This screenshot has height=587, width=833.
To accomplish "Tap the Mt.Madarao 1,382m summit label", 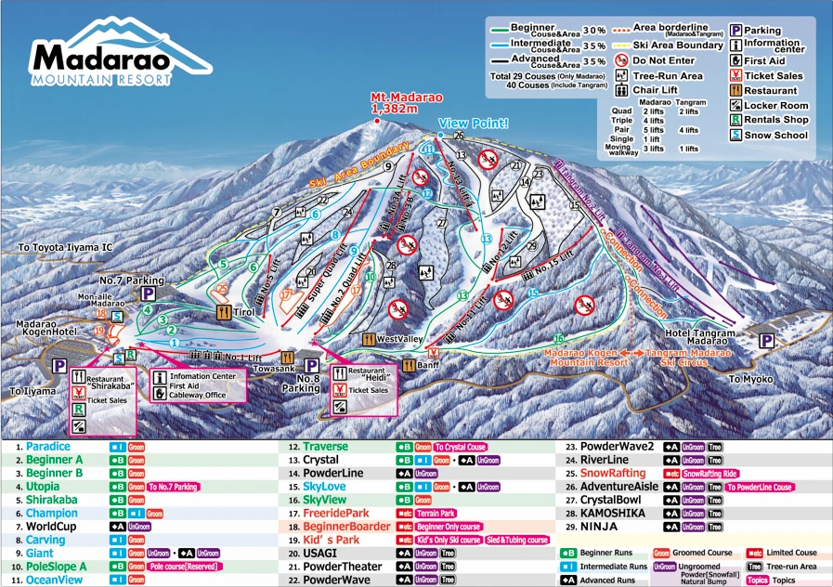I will pos(406,102).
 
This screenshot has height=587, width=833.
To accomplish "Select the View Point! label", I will pos(474,123).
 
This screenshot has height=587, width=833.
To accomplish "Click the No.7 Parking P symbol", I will pos(147,294).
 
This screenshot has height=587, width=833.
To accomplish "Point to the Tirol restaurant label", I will pos(243,314).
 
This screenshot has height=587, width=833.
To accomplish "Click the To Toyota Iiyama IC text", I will pos(65,248).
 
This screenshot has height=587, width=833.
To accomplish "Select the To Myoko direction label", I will pos(750,379).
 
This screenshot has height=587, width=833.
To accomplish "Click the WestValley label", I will pos(399,338).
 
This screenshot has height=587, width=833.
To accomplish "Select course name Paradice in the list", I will pos(48,447).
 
